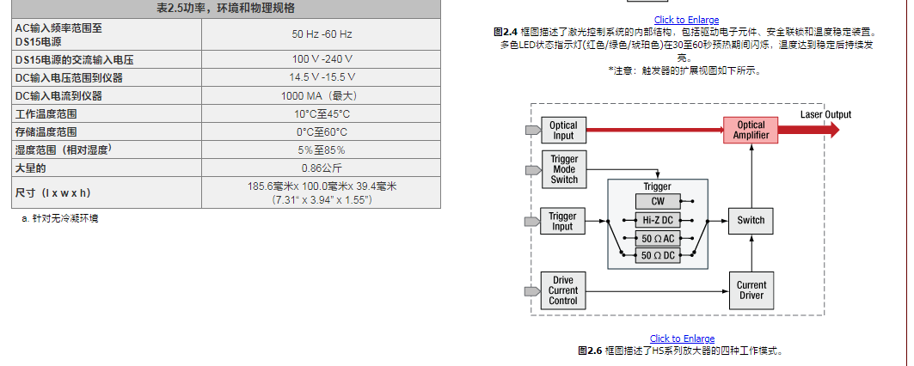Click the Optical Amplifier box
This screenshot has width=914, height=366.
tap(751, 131)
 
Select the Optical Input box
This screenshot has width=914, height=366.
tap(563, 131)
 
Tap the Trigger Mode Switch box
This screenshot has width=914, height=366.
tap(564, 169)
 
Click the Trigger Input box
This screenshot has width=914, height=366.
tap(562, 222)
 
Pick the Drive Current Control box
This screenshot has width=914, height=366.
tap(563, 290)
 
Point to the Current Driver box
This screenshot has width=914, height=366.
tap(751, 290)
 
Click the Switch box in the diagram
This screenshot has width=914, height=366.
tap(751, 221)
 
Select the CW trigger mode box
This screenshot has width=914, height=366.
tap(658, 201)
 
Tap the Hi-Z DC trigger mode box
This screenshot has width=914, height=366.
tap(658, 220)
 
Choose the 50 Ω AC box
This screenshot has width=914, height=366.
tap(658, 238)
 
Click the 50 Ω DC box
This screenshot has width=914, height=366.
tap(658, 256)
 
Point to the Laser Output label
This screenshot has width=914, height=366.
tap(825, 115)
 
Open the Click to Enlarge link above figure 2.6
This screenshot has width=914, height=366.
tap(682, 339)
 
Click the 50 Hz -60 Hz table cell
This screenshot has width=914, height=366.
tap(322, 34)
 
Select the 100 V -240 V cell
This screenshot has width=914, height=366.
tap(322, 59)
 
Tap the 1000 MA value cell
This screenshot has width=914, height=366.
tap(322, 95)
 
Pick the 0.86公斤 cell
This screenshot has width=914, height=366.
tap(322, 168)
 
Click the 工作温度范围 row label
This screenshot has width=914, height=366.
tap(46, 113)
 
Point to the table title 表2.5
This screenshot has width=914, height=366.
tap(225, 8)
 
